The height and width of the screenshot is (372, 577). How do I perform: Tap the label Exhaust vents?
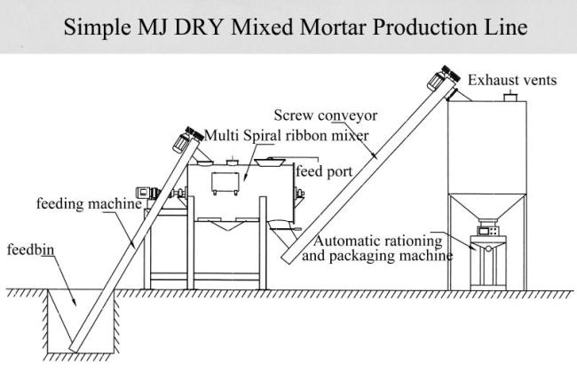(512, 80)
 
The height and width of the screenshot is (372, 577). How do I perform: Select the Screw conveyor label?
(326, 115)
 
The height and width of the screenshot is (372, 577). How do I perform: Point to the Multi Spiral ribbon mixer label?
(287, 136)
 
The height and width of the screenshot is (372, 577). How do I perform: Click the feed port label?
(324, 171)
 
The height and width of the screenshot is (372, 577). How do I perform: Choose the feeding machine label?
(89, 203)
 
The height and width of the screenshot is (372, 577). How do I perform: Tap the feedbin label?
(30, 249)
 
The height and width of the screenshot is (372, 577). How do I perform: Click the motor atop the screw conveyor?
(443, 77)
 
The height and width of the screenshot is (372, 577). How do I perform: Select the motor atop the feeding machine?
(187, 139)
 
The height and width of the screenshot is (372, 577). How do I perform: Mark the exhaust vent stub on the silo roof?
(510, 98)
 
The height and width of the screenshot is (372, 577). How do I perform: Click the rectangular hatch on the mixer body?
(225, 183)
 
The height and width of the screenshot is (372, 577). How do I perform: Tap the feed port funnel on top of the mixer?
(270, 162)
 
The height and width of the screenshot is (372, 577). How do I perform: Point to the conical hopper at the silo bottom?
(487, 206)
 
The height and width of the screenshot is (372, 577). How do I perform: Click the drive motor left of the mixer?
(148, 193)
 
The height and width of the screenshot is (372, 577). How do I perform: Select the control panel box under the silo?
(488, 231)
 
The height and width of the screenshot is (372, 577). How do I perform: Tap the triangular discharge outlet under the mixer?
(228, 225)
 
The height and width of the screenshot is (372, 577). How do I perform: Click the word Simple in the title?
(97, 28)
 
